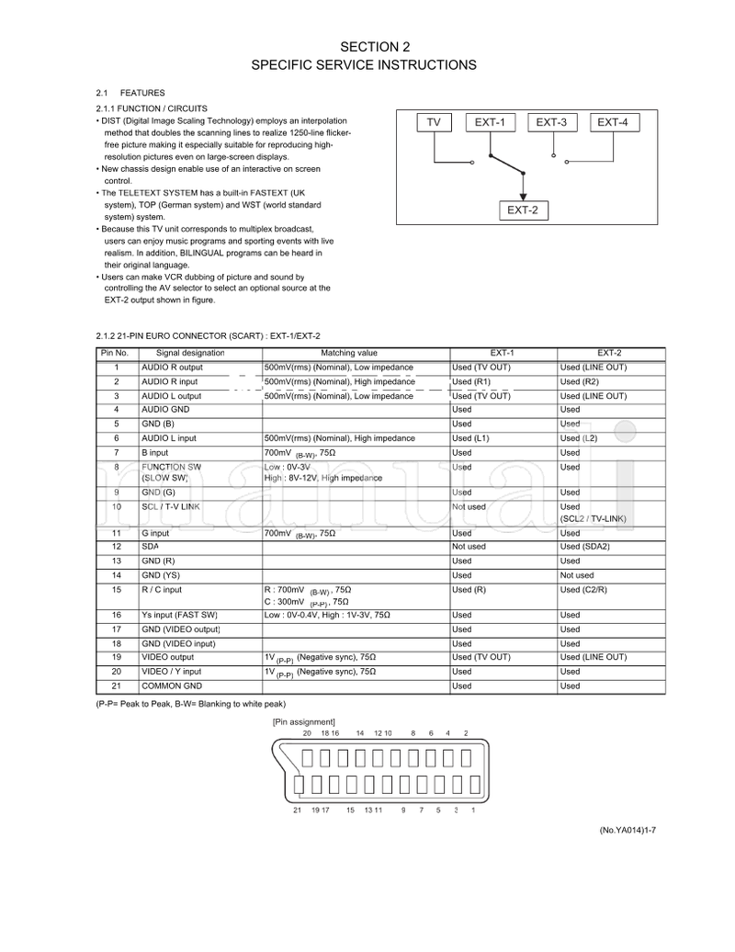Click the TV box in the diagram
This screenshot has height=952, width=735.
[x=434, y=122]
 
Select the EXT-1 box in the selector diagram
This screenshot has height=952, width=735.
[x=491, y=122]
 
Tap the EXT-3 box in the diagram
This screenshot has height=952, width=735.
[x=551, y=122]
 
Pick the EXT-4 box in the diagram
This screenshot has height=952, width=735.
[x=612, y=122]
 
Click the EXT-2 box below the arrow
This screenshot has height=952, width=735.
[x=522, y=210]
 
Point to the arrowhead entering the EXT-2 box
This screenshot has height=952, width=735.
[x=522, y=195]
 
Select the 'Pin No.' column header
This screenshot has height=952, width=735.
[x=115, y=353]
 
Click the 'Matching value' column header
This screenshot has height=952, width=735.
[x=349, y=353]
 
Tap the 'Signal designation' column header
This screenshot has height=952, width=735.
[x=190, y=353]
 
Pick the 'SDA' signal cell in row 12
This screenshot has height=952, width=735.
[x=150, y=547]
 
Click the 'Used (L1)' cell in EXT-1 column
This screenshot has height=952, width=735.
[x=470, y=438]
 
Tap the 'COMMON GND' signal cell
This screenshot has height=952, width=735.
[x=172, y=686]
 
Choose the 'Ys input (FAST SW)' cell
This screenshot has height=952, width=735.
[x=179, y=615]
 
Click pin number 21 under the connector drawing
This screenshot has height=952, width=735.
[x=297, y=810]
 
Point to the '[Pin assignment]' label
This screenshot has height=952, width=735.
[x=304, y=721]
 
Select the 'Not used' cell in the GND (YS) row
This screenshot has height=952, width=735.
[x=577, y=575]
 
